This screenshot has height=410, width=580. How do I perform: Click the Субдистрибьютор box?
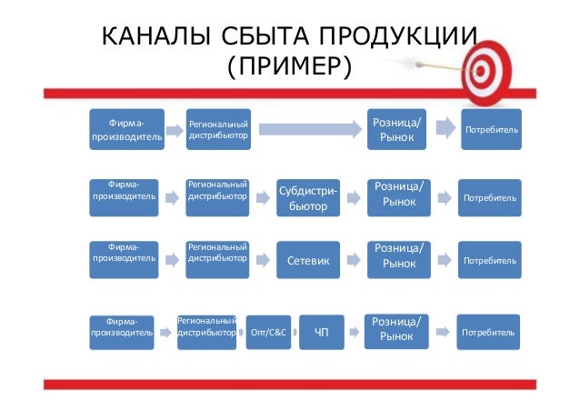pos(308,198)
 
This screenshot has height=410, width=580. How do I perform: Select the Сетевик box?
pos(308,262)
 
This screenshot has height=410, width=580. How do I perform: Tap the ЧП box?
pos(321,333)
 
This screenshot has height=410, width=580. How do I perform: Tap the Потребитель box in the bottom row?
pos(489,333)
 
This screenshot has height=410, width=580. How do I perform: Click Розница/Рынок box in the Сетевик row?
pos(397,256)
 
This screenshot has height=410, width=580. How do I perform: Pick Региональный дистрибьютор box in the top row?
pos(217,131)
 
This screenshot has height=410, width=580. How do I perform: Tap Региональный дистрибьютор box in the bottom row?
pos(207,328)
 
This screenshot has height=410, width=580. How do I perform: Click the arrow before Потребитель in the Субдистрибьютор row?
pos(444,198)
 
